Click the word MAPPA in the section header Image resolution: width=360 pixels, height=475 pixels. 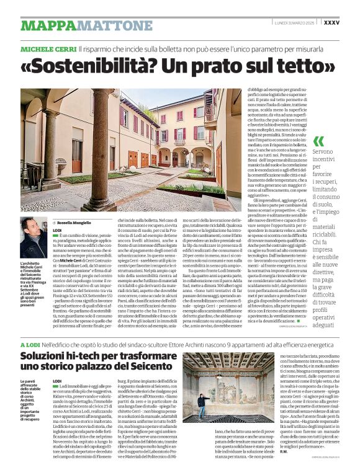coord(47,25)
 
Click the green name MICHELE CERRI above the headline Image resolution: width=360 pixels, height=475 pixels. coord(48,48)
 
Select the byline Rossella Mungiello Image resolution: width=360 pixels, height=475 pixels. coord(74,223)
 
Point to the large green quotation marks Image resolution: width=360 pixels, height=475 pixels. coord(318,141)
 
